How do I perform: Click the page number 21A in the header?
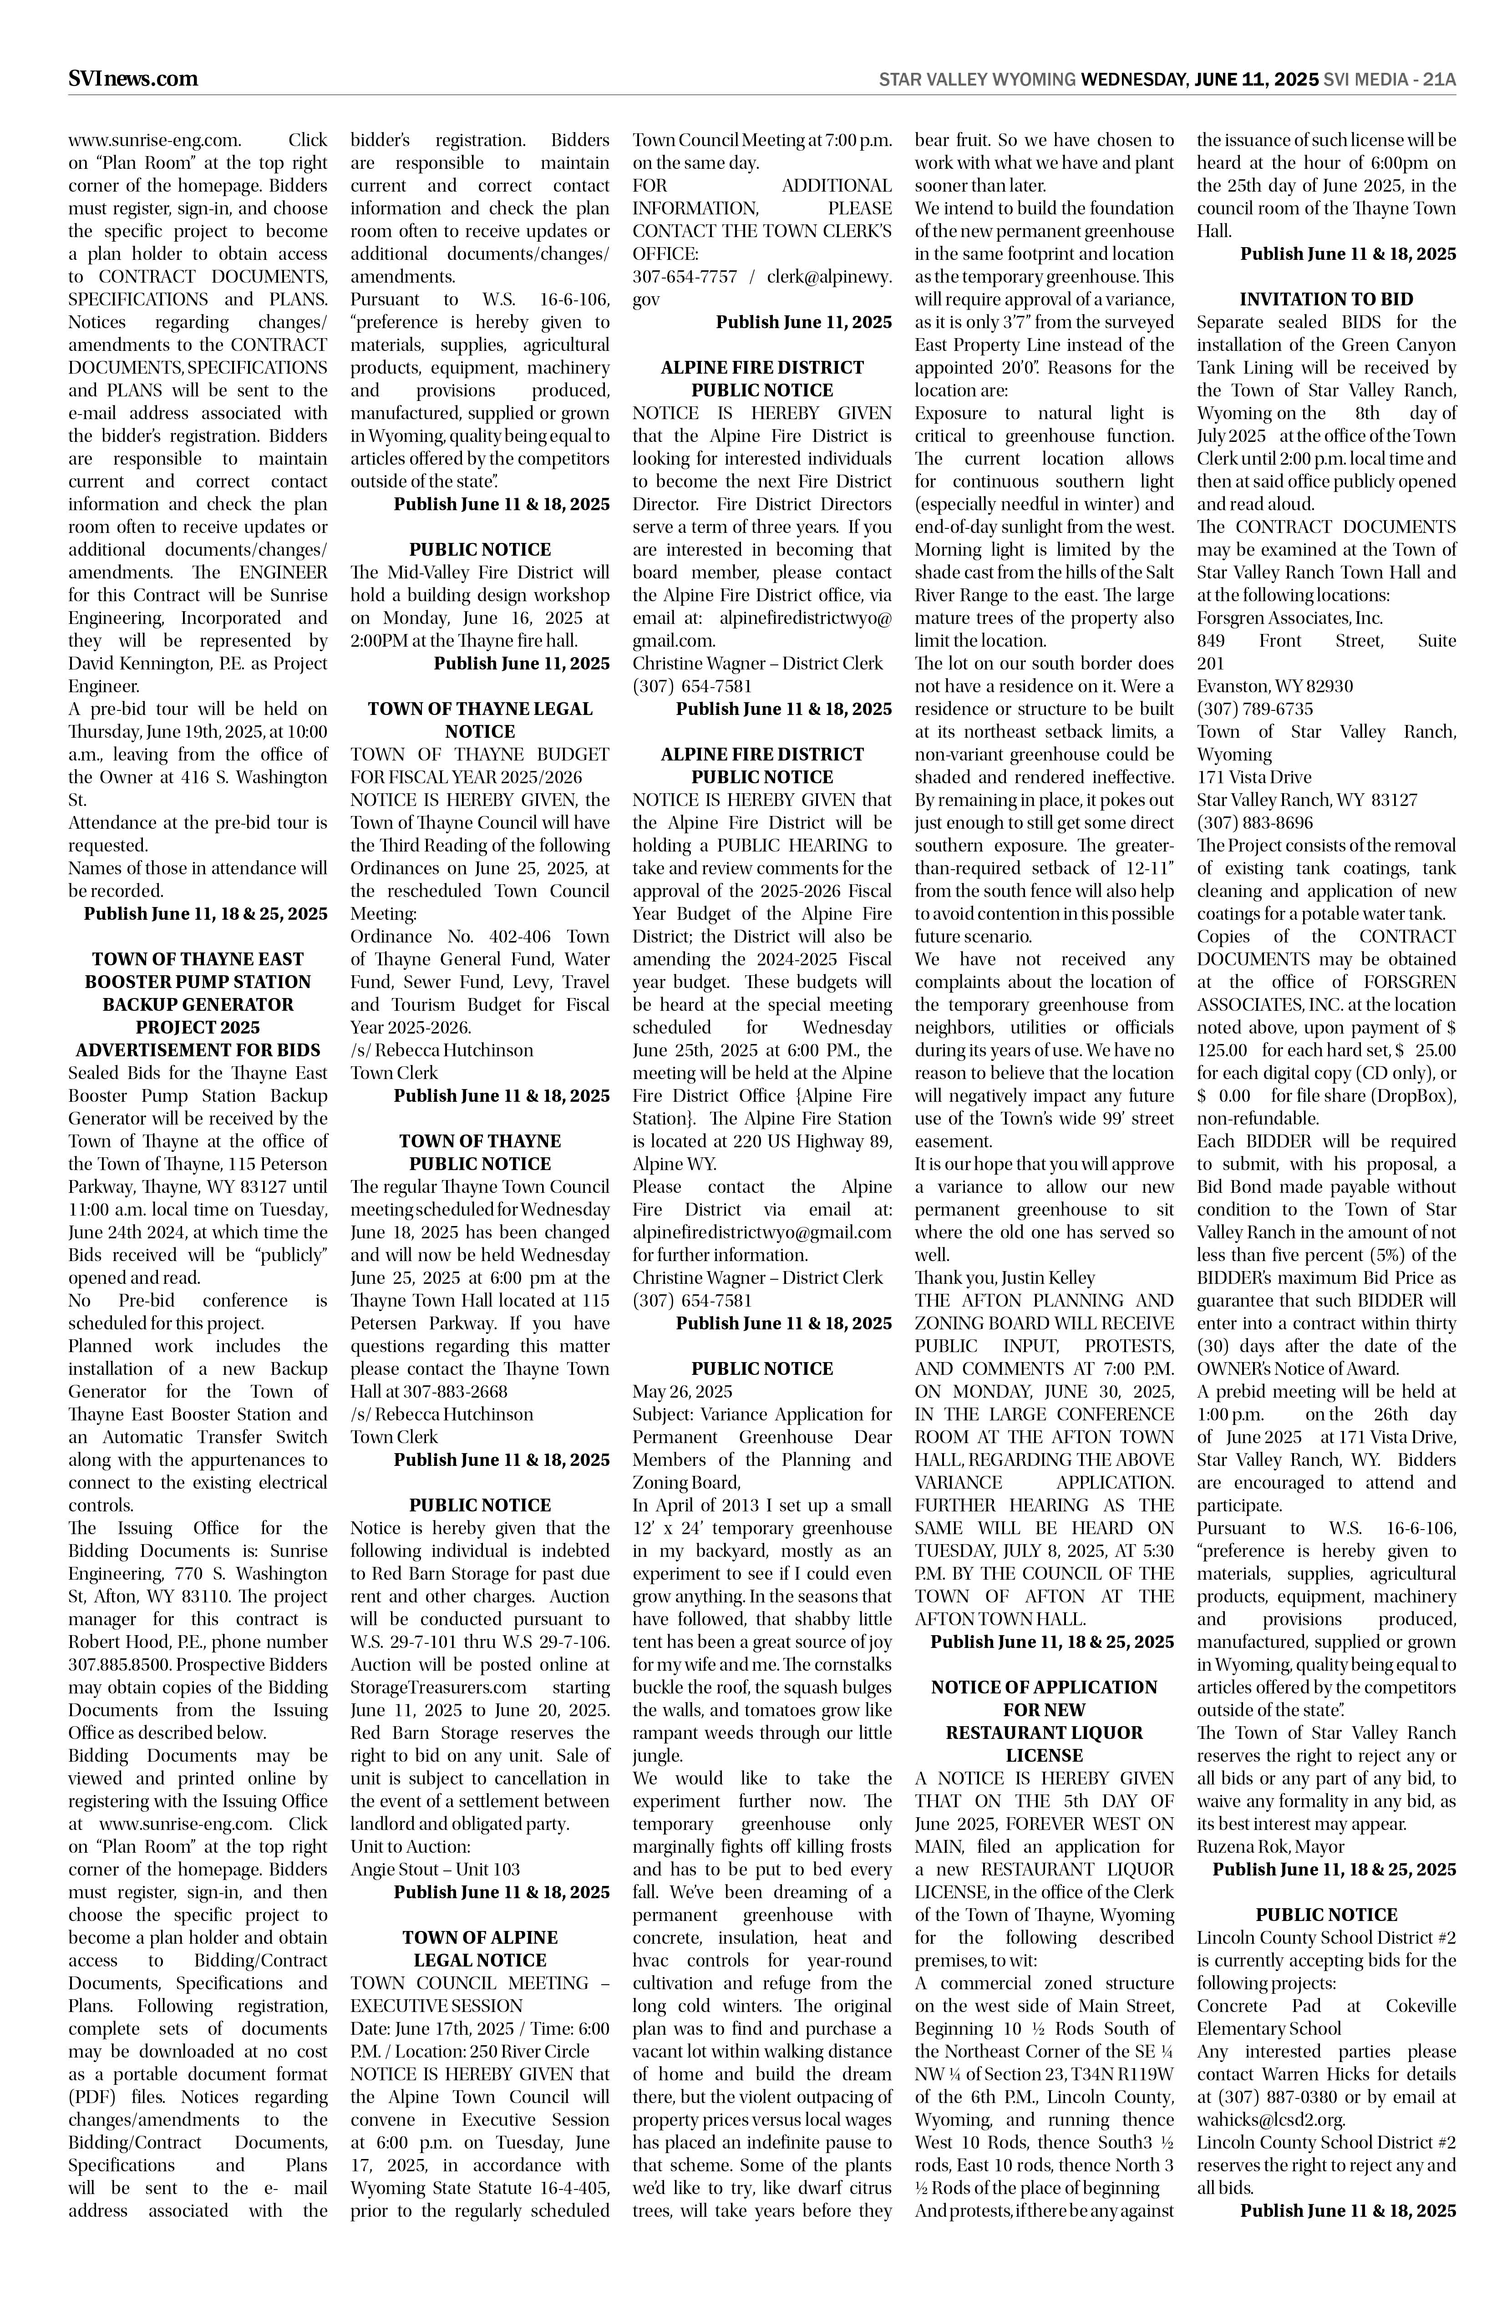tap(1439, 80)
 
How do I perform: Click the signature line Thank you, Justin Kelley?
tap(1005, 1277)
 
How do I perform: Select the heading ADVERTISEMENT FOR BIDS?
tap(198, 1050)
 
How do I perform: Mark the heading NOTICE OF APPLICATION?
tap(1044, 1687)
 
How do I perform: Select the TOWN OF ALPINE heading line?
tap(480, 1938)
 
